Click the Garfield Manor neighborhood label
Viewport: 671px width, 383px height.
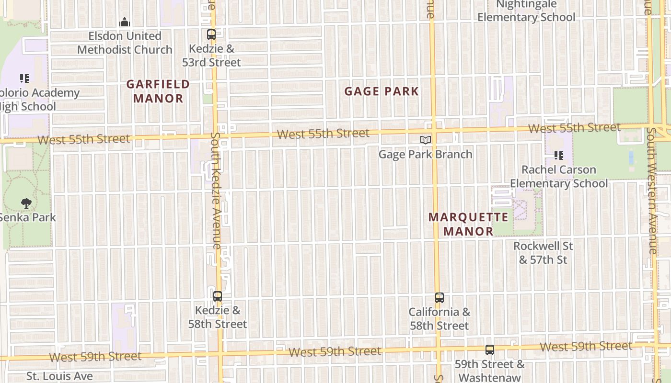pyautogui.click(x=158, y=91)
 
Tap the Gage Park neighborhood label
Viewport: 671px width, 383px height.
pyautogui.click(x=382, y=91)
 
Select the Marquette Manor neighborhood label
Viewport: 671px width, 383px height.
pyautogui.click(x=468, y=224)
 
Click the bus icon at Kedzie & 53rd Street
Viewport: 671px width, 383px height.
pyautogui.click(x=211, y=34)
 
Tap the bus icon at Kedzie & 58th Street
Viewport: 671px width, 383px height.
pyautogui.click(x=218, y=296)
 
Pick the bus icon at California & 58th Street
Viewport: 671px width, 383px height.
pyautogui.click(x=440, y=298)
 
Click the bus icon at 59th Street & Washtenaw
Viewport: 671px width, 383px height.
pyautogui.click(x=489, y=350)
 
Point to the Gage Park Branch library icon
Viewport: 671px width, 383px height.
pyautogui.click(x=426, y=140)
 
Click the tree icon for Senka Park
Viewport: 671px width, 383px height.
pyautogui.click(x=26, y=203)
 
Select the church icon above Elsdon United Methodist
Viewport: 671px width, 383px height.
pyautogui.click(x=125, y=22)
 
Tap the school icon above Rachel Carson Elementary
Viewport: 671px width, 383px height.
pyautogui.click(x=558, y=155)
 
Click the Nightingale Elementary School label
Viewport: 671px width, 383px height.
pyautogui.click(x=526, y=11)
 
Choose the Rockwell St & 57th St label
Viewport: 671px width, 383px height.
pyautogui.click(x=543, y=253)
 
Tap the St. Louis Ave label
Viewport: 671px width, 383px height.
pyautogui.click(x=59, y=376)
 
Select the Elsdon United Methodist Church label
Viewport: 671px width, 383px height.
pyautogui.click(x=125, y=43)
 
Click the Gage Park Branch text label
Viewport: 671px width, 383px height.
pyautogui.click(x=425, y=154)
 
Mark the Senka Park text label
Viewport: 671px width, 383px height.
pyautogui.click(x=27, y=217)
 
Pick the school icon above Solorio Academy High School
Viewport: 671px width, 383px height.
pyautogui.click(x=24, y=78)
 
